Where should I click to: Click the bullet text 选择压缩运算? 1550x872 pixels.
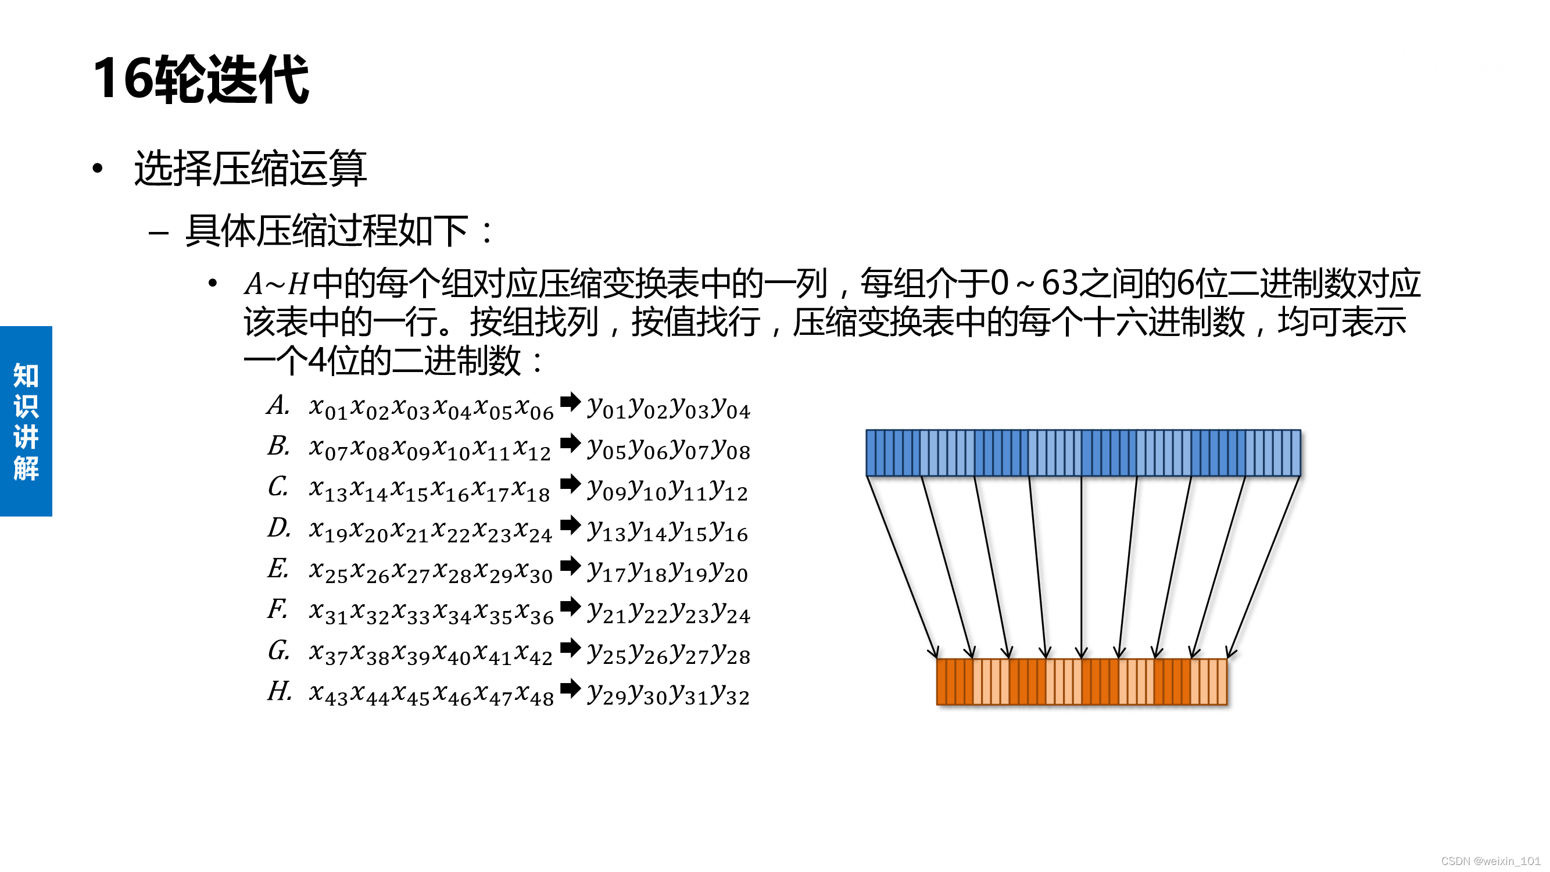click(250, 169)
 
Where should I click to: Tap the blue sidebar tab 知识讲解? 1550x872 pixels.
click(26, 421)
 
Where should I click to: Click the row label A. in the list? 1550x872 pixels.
click(278, 406)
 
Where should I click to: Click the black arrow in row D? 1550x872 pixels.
click(570, 526)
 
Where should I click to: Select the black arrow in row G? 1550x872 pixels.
click(570, 648)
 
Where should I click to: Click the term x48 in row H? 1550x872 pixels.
click(534, 694)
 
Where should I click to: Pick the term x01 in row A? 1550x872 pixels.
click(328, 408)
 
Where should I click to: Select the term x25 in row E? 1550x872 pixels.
click(328, 571)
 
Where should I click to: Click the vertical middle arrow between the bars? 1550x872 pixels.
click(1081, 566)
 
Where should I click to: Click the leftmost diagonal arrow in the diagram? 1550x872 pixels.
click(901, 566)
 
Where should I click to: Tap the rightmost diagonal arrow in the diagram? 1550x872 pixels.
click(1263, 566)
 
